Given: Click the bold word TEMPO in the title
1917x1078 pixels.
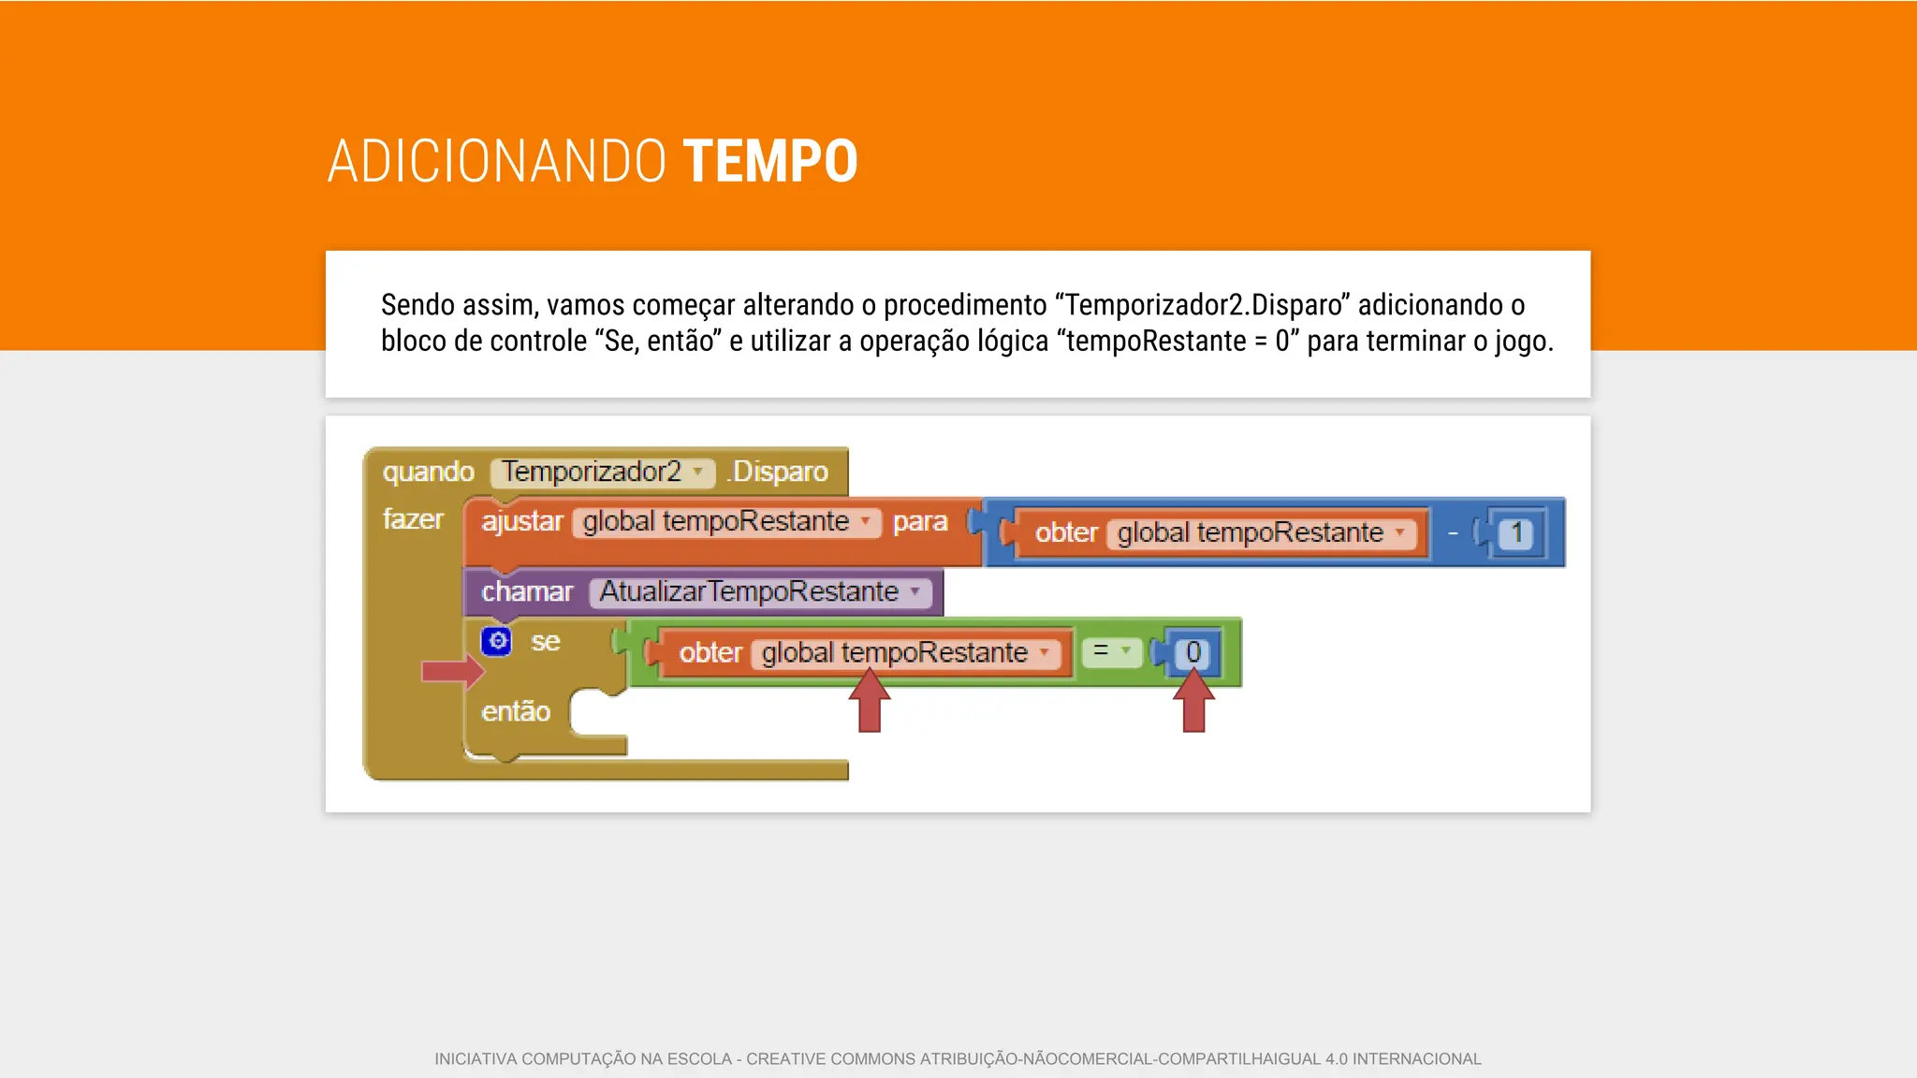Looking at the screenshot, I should (x=769, y=161).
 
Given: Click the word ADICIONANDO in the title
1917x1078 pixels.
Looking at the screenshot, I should (x=496, y=161).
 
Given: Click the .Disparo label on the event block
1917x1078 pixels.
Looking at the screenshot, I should (x=778, y=472).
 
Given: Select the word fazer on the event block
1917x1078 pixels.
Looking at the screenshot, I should (x=413, y=519).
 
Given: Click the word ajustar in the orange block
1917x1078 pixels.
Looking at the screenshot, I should (x=522, y=521).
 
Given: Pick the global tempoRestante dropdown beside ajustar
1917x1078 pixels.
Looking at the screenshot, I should (x=726, y=521).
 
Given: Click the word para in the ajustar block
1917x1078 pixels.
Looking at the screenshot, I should (x=919, y=521).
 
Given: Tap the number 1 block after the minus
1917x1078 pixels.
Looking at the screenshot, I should (x=1516, y=533).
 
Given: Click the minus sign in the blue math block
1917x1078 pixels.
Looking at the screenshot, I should (x=1453, y=533).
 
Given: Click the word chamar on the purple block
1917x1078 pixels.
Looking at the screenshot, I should (x=527, y=591).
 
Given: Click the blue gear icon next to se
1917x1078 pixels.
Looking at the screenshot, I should (x=497, y=641).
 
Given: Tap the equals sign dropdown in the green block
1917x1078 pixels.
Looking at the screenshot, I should (x=1111, y=651).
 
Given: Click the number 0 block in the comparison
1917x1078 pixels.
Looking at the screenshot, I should (x=1193, y=652).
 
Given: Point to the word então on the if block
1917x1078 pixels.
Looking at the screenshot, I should (x=516, y=712).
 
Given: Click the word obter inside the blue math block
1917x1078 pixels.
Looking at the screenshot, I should (x=1065, y=533).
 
